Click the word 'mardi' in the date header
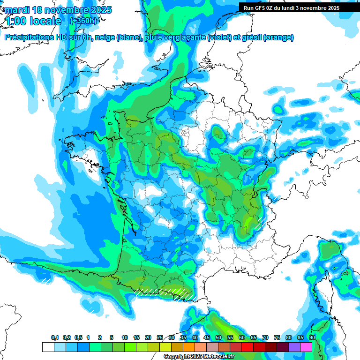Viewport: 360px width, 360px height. tap(16, 10)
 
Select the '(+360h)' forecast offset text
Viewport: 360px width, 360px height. tap(83, 21)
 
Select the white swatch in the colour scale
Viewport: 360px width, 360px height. tap(48, 347)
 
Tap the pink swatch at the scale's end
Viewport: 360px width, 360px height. tap(306, 347)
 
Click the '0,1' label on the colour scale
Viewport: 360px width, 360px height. tap(55, 337)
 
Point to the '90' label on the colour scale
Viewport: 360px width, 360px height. tap(312, 337)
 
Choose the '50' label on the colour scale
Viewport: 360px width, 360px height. tap(218, 337)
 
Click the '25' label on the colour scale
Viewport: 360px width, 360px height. tap(160, 337)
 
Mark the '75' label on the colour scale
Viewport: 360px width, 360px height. tap(277, 337)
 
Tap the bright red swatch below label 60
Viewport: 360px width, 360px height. tap(247, 347)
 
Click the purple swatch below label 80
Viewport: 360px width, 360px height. tap(294, 347)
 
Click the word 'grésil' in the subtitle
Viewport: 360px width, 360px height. tap(250, 37)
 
